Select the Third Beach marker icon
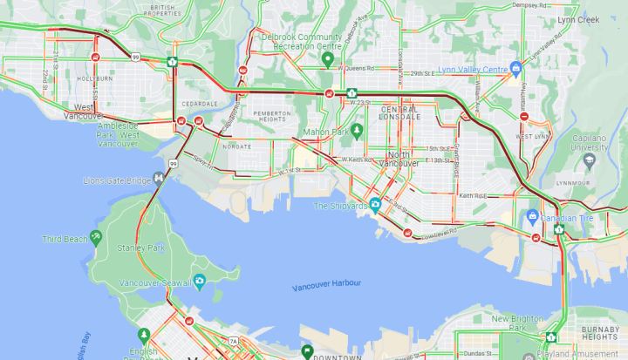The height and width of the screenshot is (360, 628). coord(95,237)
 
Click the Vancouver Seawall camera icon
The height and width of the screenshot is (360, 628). coord(200,281)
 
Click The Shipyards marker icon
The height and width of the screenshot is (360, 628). coord(375,206)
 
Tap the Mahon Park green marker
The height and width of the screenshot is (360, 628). coord(357,130)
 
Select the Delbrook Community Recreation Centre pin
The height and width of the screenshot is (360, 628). coord(328,59)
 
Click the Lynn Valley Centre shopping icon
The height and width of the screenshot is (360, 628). coord(516,67)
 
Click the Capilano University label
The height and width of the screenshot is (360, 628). coord(595,143)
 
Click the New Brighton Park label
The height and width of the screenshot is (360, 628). coord(517,319)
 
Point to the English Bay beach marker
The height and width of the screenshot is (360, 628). coord(143,335)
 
